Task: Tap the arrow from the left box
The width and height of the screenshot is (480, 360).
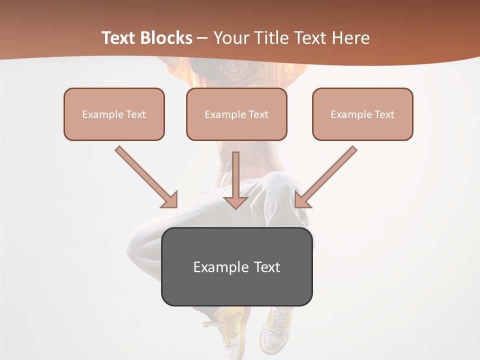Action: (x=145, y=176)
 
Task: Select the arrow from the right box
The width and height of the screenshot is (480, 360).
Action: (x=327, y=176)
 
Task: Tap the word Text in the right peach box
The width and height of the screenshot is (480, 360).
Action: (x=384, y=114)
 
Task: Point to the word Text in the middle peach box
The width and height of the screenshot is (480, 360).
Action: (x=258, y=114)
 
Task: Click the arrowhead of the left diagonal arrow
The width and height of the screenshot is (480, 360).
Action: (x=170, y=200)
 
